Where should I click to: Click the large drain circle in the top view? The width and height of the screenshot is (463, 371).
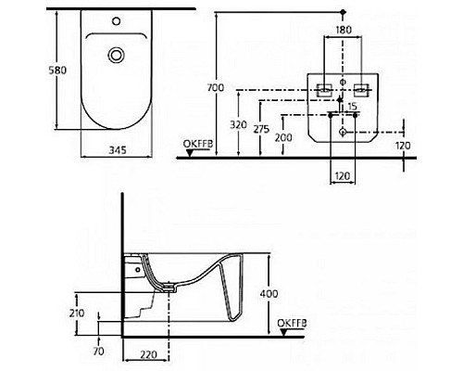tap(117, 56)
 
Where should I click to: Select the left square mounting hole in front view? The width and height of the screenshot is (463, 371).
tap(324, 90)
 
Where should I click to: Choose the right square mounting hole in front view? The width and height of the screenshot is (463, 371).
tap(362, 90)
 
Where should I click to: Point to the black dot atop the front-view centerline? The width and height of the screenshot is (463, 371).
tap(343, 11)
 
